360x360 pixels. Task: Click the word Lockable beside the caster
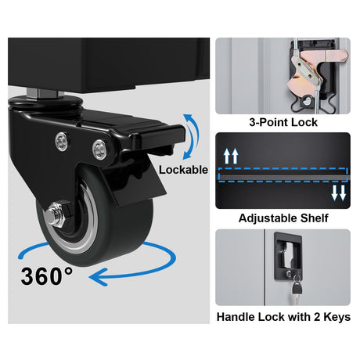coord(183,170)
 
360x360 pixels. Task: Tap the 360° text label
coord(47,276)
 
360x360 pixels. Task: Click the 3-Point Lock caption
coord(283,122)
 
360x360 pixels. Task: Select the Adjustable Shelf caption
coord(283,218)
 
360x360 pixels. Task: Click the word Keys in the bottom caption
coord(337,317)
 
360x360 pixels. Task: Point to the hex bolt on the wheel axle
coord(56,214)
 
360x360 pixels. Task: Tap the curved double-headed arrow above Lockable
coord(193,136)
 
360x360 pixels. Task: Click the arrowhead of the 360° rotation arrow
coord(98,277)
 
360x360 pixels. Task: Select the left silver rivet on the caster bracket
coord(62,141)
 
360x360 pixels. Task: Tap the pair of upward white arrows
coord(231,156)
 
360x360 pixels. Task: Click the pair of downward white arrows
coord(339,193)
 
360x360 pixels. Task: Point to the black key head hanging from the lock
coord(297,289)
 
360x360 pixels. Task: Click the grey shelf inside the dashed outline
coord(283,178)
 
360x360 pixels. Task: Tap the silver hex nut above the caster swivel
coord(45,93)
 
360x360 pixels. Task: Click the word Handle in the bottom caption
coord(236,317)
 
